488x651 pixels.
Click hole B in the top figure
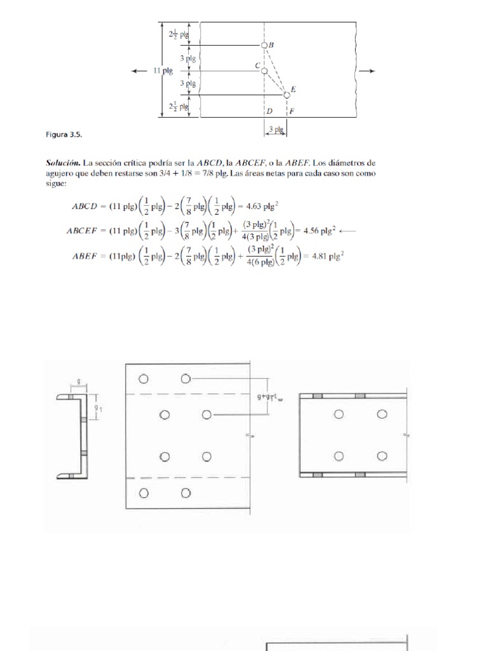coord(264,45)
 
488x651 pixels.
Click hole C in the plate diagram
coord(264,70)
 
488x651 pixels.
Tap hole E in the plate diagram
coord(287,94)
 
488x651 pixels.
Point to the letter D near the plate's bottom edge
coord(270,111)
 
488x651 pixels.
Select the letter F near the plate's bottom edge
coord(291,111)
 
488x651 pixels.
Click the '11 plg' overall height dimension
coord(163,71)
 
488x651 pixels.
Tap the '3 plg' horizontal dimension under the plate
coord(276,129)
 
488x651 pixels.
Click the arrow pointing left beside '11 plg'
coord(139,71)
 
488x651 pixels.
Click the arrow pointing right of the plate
coord(367,71)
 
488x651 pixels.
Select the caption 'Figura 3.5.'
coord(64,135)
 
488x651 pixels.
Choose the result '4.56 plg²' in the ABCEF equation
coord(317,231)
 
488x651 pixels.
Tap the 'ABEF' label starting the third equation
coord(83,257)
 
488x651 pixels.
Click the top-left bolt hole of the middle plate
coord(144,379)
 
